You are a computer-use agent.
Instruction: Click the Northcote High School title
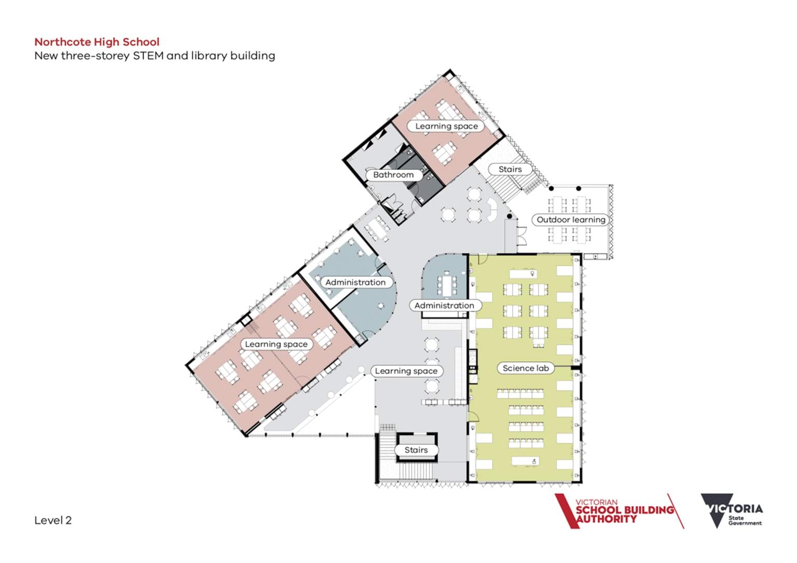click(x=97, y=42)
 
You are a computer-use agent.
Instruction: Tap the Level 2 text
click(x=53, y=520)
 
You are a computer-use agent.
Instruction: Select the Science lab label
click(x=526, y=368)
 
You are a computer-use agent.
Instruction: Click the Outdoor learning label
click(x=571, y=220)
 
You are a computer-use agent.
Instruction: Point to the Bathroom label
click(x=393, y=175)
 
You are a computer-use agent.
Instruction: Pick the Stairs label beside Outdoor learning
click(x=510, y=169)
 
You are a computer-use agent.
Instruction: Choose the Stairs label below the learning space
click(x=416, y=450)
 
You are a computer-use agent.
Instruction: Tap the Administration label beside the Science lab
click(x=444, y=306)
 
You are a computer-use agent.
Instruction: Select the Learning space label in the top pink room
click(x=446, y=126)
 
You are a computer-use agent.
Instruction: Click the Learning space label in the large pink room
click(x=276, y=345)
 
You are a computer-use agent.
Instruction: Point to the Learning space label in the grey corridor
click(x=406, y=371)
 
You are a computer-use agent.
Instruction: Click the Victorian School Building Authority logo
click(x=619, y=511)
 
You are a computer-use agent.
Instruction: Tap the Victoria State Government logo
click(x=732, y=511)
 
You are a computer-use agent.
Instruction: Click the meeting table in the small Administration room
click(x=447, y=285)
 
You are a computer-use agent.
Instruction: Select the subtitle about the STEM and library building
click(x=155, y=56)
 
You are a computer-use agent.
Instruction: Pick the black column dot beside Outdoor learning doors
click(x=510, y=216)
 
